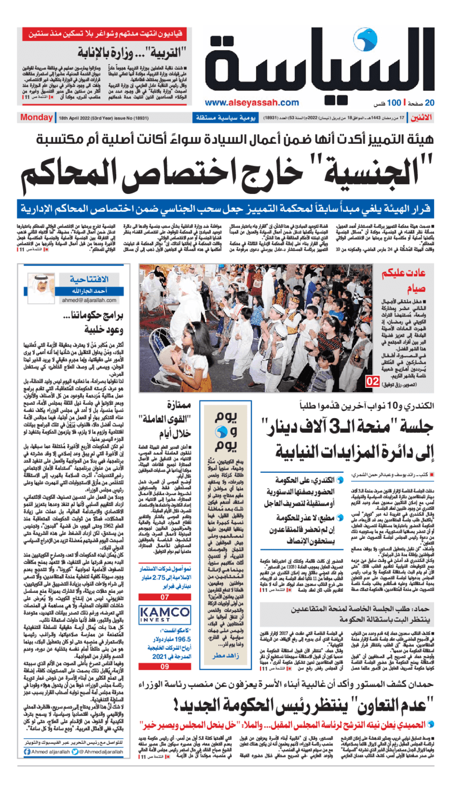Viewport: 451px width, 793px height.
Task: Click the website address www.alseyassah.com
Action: (251, 102)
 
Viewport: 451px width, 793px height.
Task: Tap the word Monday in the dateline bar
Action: (36, 118)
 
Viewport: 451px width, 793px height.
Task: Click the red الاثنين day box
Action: (419, 117)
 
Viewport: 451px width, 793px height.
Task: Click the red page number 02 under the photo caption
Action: (373, 382)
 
